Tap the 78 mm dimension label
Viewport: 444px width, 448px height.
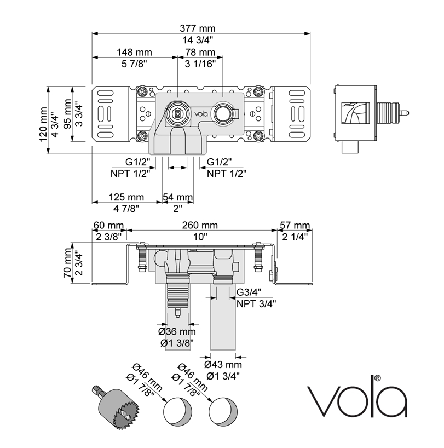200,52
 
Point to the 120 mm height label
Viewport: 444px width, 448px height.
43,124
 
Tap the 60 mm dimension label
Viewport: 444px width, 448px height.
109,226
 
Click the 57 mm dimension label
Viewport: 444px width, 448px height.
294,226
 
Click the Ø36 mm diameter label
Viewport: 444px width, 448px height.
177,332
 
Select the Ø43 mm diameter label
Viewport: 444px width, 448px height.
223,365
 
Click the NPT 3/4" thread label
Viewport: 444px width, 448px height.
256,303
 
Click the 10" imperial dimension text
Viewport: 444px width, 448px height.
201,237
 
